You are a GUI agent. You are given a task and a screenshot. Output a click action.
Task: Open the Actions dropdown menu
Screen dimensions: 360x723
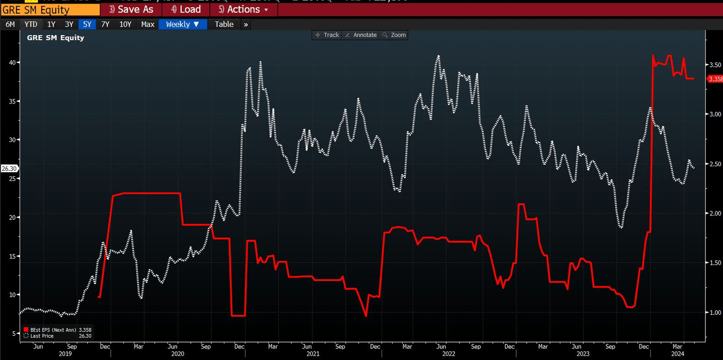coord(244,10)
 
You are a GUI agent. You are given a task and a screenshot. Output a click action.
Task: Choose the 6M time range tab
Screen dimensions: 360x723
coord(10,24)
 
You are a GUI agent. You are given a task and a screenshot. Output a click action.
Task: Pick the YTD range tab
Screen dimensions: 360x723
coord(31,24)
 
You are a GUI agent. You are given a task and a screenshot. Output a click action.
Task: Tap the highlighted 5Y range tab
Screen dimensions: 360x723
coord(87,24)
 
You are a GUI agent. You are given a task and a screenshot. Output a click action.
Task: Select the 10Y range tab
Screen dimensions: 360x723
coord(125,24)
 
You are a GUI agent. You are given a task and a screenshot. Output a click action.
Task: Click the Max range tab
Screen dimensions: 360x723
coord(148,24)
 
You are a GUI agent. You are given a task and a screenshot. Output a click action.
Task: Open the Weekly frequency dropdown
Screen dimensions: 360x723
coord(183,24)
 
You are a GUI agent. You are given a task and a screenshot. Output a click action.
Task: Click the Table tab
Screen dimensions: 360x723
coord(224,24)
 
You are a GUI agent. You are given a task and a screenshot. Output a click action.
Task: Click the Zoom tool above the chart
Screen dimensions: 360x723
coord(394,35)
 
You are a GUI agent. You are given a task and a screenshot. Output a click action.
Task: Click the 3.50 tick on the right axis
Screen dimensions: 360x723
coord(715,65)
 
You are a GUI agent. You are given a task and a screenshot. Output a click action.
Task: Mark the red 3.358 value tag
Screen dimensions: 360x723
coord(715,79)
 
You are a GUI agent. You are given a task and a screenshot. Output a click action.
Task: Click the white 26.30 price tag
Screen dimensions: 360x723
coord(9,169)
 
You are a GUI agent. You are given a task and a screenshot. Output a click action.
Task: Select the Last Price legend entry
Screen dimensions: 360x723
coord(42,336)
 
